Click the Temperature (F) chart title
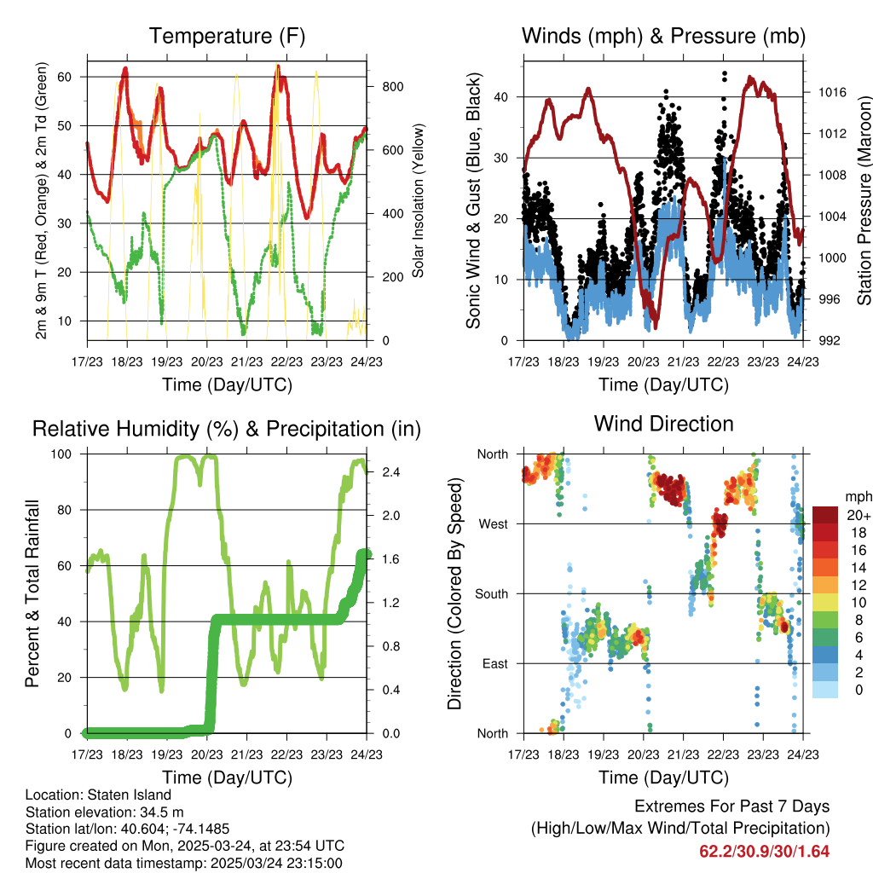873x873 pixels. pyautogui.click(x=227, y=37)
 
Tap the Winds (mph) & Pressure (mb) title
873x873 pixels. pyautogui.click(x=664, y=37)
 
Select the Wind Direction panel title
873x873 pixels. pyautogui.click(x=663, y=424)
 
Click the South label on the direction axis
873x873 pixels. pyautogui.click(x=490, y=593)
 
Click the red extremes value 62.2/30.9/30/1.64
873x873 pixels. pyautogui.click(x=764, y=852)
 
